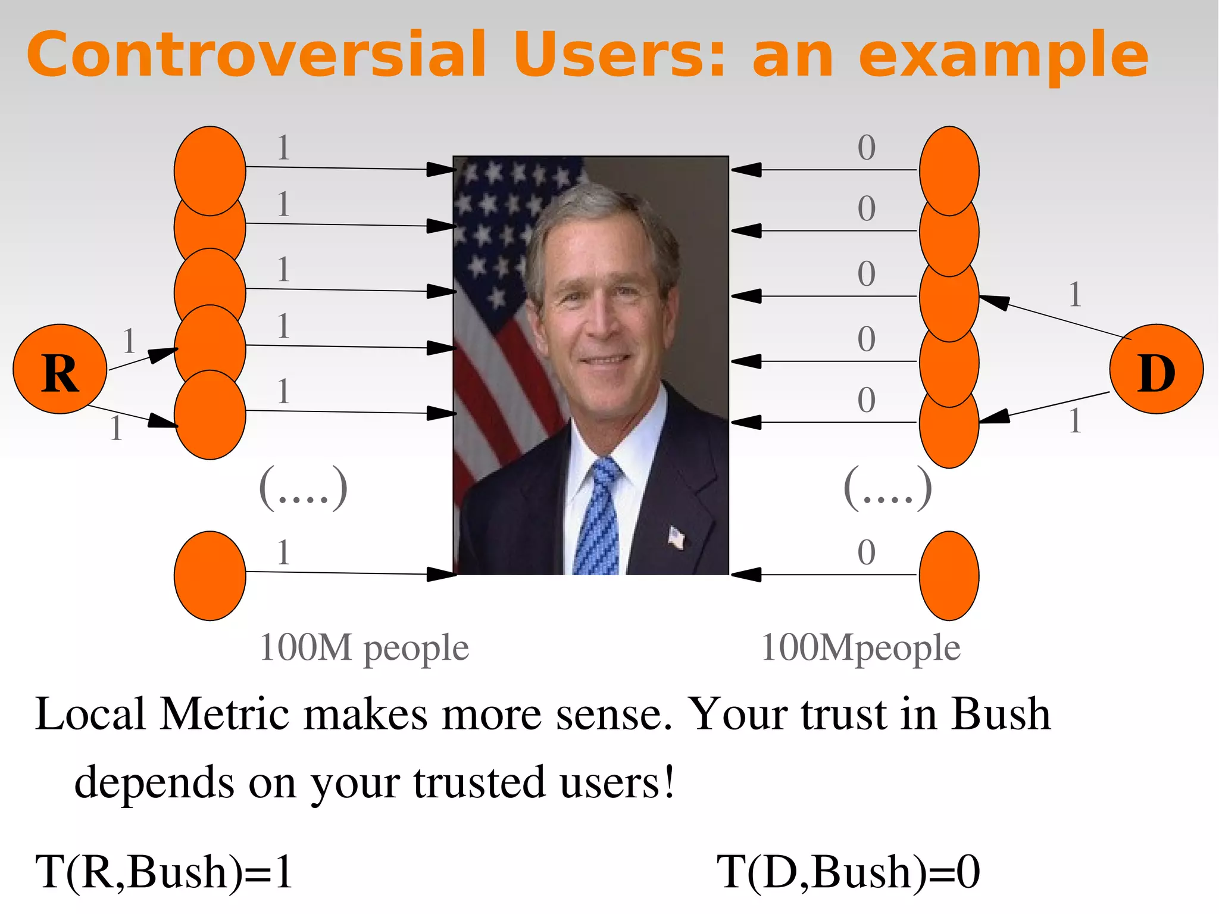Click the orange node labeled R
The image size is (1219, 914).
(x=60, y=369)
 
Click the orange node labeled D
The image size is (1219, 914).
(x=1156, y=369)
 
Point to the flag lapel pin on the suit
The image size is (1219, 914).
(x=676, y=537)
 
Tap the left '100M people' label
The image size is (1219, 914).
(x=364, y=648)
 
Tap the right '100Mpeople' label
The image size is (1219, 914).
(x=861, y=648)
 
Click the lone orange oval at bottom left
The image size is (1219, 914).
(x=210, y=576)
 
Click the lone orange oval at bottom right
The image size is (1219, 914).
(x=949, y=576)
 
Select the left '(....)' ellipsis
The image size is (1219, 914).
(x=303, y=488)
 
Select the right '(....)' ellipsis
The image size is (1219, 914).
(x=887, y=488)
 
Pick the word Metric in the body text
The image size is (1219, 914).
(x=224, y=714)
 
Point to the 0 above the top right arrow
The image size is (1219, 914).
(x=867, y=148)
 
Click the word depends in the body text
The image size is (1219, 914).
(x=154, y=782)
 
